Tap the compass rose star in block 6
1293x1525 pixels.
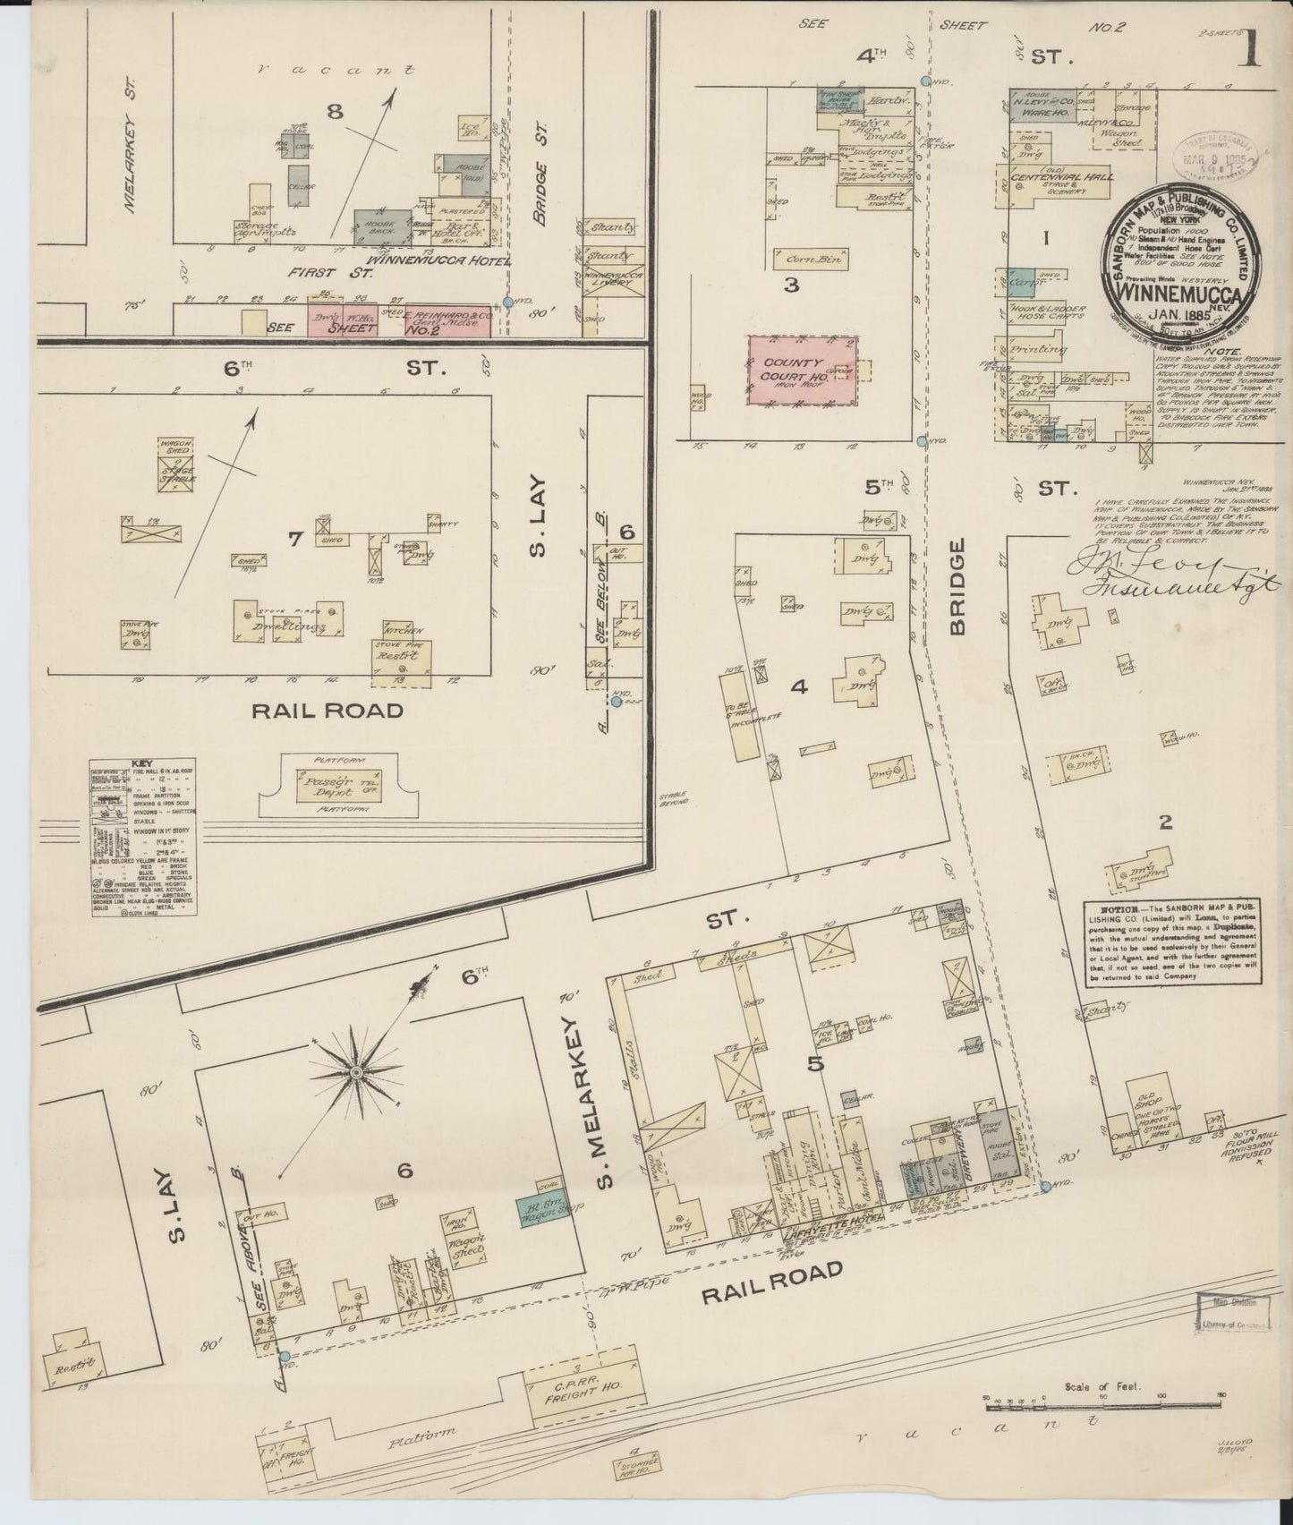click(x=356, y=1071)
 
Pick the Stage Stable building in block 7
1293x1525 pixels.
click(x=178, y=473)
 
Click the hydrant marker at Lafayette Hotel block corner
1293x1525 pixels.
click(x=1044, y=1188)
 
